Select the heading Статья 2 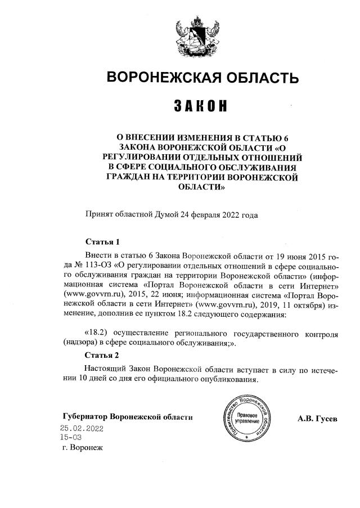(x=102, y=356)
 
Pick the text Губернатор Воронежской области (x=128, y=417)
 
